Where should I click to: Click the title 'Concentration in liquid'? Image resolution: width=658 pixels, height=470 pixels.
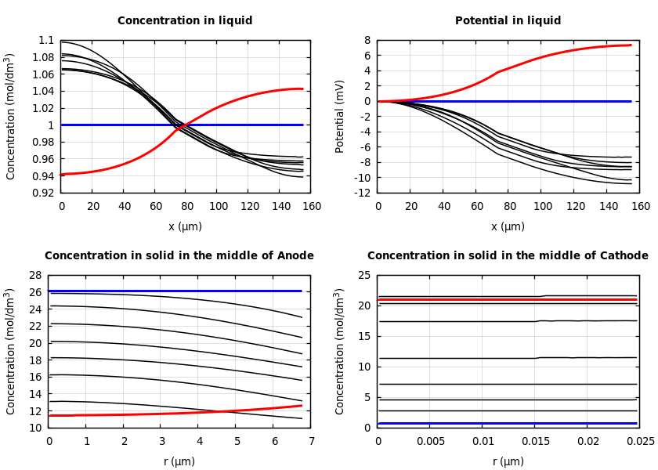[185, 21]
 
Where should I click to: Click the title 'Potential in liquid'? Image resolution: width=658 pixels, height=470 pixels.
[508, 21]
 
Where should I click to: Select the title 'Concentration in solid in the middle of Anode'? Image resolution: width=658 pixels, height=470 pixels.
[179, 256]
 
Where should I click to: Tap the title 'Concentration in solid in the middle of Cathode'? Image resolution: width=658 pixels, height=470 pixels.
[508, 256]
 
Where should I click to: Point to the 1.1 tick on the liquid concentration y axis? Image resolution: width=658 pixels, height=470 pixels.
[46, 41]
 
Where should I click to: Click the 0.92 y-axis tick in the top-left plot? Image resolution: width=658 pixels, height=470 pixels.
[44, 193]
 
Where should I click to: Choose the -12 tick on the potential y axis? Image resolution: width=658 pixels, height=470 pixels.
[362, 193]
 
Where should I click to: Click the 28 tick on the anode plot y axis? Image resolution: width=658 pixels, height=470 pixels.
[34, 276]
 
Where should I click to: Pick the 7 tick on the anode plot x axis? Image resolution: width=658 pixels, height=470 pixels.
[311, 442]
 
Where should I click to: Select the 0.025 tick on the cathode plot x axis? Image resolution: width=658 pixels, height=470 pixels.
[640, 442]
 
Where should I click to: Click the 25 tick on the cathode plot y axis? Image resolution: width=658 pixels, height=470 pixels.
[363, 276]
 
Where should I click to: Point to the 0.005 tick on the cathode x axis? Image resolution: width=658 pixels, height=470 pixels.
[430, 442]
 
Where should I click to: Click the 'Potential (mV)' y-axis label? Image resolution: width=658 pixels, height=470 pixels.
[340, 117]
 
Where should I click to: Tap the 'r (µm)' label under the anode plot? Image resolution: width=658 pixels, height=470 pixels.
[179, 461]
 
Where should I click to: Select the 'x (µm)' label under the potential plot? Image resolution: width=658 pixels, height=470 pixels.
[508, 226]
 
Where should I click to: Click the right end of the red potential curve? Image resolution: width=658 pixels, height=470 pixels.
[630, 45]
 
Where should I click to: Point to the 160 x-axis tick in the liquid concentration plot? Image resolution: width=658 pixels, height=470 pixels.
[311, 207]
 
